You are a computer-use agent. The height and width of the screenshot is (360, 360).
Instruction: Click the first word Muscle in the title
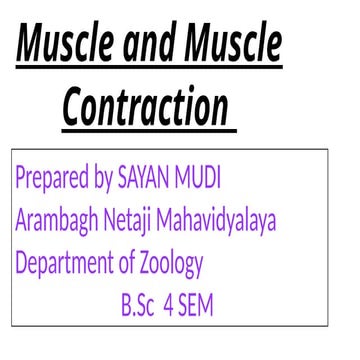[x=65, y=47]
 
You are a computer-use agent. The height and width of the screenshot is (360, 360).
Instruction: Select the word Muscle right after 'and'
[x=234, y=47]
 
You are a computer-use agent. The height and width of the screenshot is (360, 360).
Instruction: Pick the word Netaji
[x=138, y=222]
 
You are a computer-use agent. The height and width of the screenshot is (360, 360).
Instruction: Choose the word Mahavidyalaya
[x=226, y=222]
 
